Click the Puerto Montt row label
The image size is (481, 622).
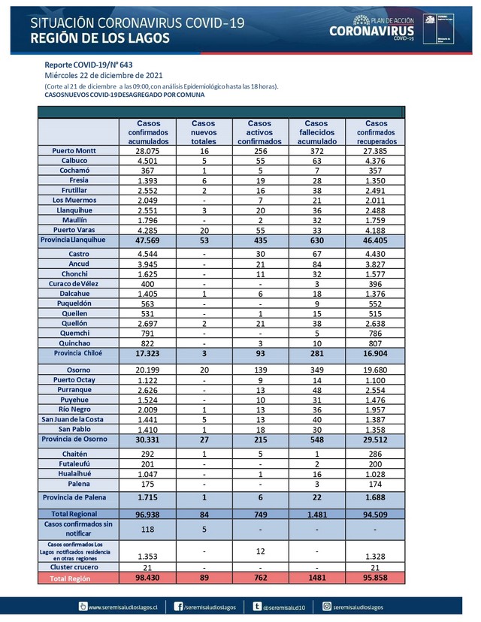(x=74, y=151)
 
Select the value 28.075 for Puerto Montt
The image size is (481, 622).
(x=148, y=151)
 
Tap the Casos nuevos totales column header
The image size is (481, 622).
(x=203, y=132)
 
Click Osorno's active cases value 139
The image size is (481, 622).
(x=259, y=371)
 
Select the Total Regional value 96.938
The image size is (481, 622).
(x=148, y=514)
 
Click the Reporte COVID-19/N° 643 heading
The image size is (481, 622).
(x=89, y=65)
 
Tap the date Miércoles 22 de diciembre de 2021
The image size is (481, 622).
(x=102, y=75)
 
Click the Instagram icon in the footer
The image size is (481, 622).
(x=328, y=605)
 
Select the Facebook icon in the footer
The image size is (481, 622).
(x=179, y=605)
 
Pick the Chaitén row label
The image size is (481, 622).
(x=74, y=454)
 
